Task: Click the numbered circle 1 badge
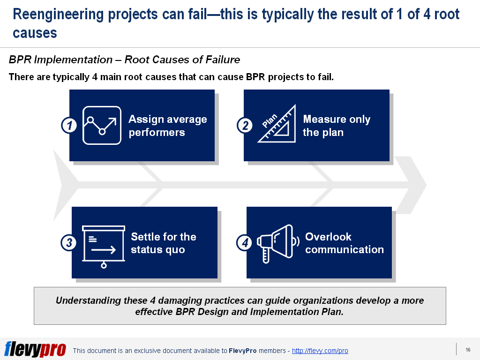(x=69, y=126)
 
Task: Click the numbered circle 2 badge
(x=244, y=126)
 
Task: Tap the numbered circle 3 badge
(x=69, y=243)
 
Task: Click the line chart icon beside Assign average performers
(x=102, y=125)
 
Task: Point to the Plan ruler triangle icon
(x=277, y=124)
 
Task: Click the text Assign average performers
(x=167, y=126)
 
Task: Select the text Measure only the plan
(x=336, y=126)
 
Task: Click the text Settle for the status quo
(x=163, y=243)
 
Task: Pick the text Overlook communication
(x=344, y=243)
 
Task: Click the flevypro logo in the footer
(x=35, y=349)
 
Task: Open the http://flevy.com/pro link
(x=320, y=351)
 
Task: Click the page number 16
(x=468, y=350)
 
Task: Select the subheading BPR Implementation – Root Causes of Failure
(x=124, y=60)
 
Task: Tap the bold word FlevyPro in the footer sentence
(x=242, y=351)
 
